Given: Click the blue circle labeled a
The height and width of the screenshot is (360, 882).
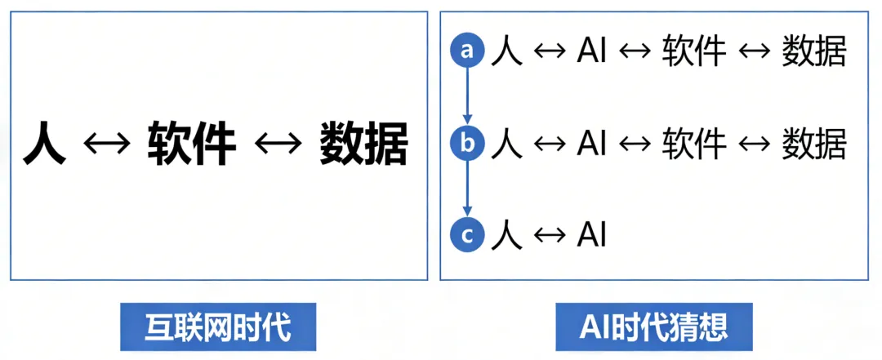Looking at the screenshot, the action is click(x=467, y=51).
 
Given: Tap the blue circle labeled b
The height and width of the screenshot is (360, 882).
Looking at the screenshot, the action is click(x=467, y=144).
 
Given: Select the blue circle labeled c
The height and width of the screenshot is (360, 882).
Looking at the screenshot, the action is click(x=467, y=236).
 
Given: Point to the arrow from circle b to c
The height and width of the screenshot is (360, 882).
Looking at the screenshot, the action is click(x=467, y=190).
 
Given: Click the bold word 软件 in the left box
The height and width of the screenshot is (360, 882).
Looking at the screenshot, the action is click(x=191, y=144).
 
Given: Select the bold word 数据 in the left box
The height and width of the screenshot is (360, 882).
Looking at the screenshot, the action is click(x=363, y=144).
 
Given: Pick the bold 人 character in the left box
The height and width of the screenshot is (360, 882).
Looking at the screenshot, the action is click(x=44, y=144).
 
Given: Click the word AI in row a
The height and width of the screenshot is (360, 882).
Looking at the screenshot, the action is click(x=590, y=52).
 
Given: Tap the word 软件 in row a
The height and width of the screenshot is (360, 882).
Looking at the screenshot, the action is click(x=693, y=52).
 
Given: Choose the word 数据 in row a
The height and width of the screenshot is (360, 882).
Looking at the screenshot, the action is click(x=813, y=52).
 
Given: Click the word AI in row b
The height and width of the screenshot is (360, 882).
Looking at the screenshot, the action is click(x=590, y=144).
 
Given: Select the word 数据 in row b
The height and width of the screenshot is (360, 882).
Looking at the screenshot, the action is click(x=813, y=144).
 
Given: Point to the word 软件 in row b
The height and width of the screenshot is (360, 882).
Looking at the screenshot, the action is click(x=693, y=144).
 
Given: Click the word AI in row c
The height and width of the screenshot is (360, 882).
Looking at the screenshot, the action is click(x=590, y=236).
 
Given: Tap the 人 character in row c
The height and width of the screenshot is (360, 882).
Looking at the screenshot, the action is click(x=506, y=236).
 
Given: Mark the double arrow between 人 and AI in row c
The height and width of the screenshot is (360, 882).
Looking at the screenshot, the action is click(x=548, y=237).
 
